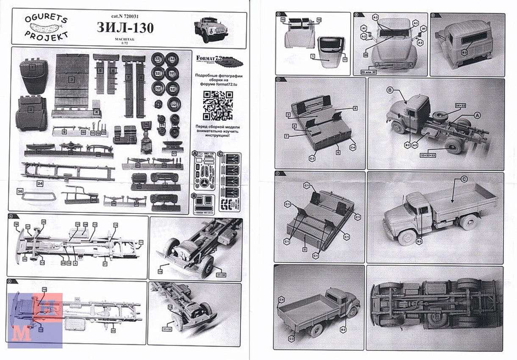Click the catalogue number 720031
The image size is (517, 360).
point(133,16)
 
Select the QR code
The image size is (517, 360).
point(218,105)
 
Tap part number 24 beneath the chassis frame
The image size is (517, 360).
point(40,183)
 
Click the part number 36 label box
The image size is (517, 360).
point(20,191)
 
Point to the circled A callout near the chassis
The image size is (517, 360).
point(477,115)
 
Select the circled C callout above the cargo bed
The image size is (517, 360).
point(464,179)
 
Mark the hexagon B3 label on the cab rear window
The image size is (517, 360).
point(464,52)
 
